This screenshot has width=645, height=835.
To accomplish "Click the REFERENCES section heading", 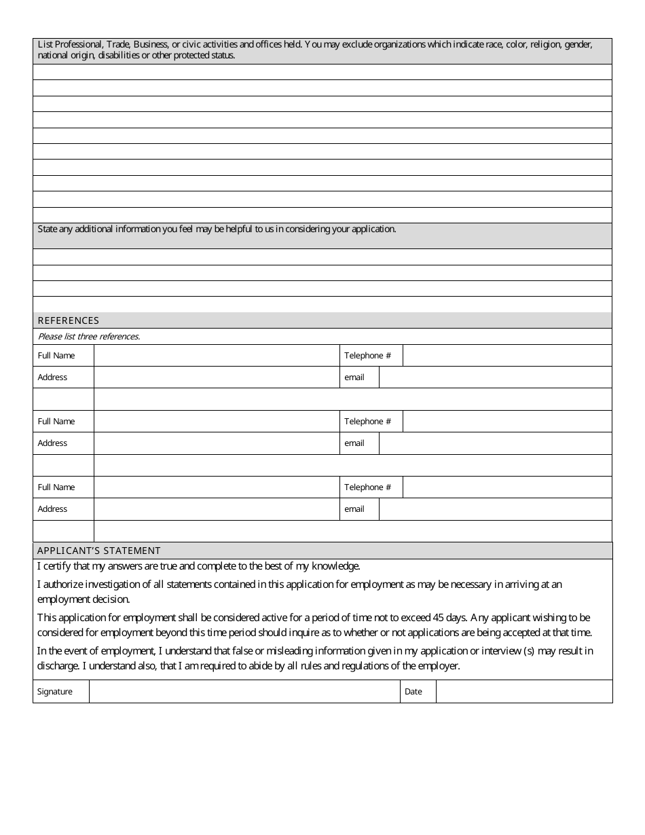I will tap(68, 320).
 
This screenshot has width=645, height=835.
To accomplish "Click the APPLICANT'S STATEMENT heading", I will tap(99, 551).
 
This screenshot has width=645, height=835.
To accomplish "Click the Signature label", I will tap(54, 692).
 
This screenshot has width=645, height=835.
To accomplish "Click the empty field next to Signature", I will tap(244, 692).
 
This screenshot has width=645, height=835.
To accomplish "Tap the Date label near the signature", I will tap(413, 692).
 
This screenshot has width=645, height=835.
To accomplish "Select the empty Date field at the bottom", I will tap(523, 692).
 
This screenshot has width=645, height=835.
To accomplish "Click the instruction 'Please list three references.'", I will tap(88, 337).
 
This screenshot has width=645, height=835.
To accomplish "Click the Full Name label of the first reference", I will tap(56, 356).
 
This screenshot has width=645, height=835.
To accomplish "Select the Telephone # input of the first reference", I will tap(506, 356).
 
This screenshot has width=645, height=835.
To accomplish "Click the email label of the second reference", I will tap(354, 443).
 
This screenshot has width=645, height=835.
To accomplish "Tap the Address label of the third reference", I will tap(52, 509).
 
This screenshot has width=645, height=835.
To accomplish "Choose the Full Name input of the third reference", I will tap(216, 487).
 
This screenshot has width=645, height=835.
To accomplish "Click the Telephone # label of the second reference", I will tap(367, 422).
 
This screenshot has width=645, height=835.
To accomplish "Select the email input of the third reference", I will tap(495, 509).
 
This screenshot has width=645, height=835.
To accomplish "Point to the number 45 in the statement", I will tap(439, 618).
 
